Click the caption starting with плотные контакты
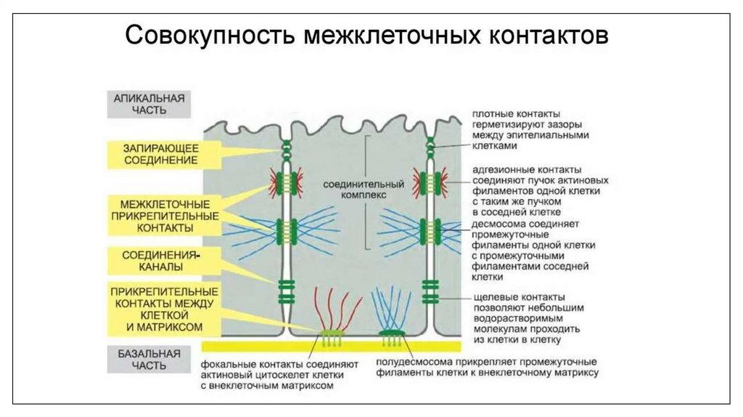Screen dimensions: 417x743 tap(530, 130)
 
